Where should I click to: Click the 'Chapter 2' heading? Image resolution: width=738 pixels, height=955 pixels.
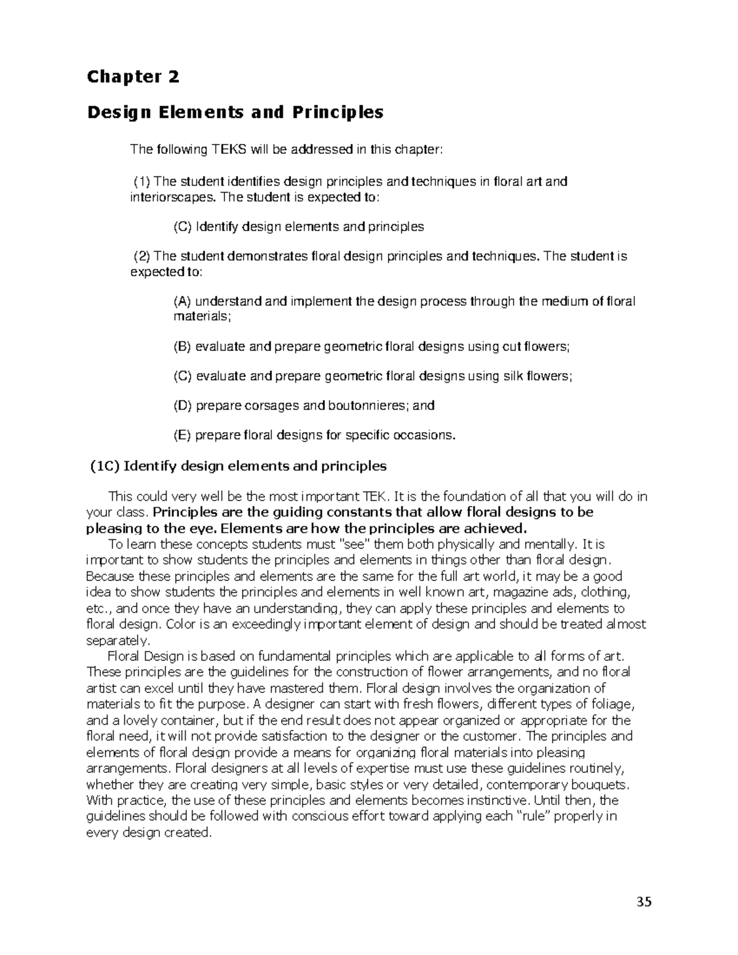[133, 77]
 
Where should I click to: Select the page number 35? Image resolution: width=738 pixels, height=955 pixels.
[644, 902]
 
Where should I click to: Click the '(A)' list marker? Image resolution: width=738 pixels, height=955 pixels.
[183, 301]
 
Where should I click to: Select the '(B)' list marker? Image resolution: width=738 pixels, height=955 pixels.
[183, 347]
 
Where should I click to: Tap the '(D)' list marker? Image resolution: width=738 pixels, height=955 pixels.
[183, 406]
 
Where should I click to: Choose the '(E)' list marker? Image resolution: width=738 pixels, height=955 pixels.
[183, 435]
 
